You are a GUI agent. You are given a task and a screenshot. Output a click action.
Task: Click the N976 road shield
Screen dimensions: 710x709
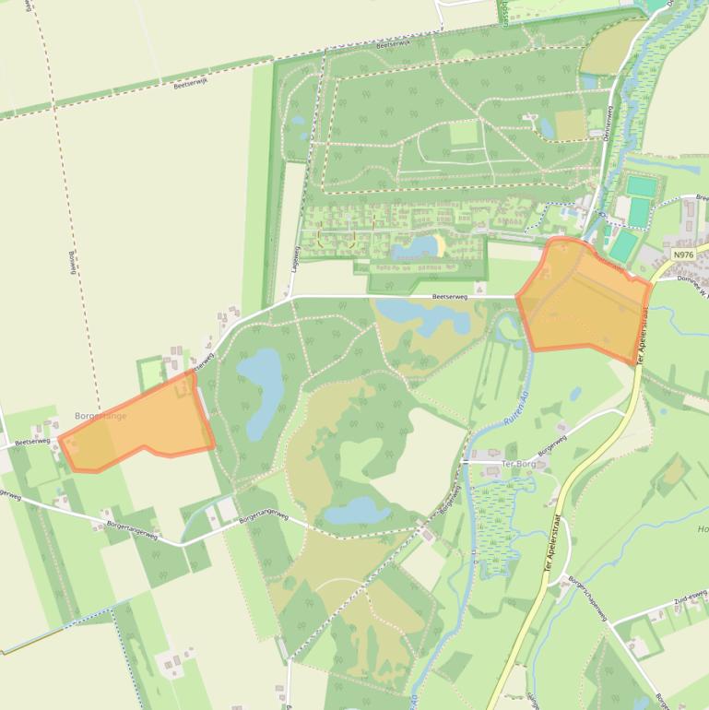point(683,255)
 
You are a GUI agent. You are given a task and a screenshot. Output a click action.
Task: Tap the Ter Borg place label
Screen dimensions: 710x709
point(519,464)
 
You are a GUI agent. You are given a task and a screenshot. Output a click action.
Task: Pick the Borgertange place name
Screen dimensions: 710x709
point(100,417)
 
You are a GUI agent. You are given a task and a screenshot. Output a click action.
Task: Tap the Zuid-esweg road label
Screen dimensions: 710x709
point(690,600)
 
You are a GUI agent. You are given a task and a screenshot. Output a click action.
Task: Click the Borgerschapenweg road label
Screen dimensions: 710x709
point(588,598)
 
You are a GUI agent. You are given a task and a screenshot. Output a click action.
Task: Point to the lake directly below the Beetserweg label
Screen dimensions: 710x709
point(419,315)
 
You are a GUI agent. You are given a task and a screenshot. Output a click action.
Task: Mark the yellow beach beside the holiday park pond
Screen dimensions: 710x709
point(440,244)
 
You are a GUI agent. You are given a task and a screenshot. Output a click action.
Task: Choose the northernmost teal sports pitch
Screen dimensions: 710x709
point(639,186)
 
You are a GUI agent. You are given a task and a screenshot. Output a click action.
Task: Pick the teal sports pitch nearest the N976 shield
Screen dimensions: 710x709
point(624,244)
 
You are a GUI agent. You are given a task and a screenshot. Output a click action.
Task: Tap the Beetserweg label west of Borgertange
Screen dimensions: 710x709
point(32,442)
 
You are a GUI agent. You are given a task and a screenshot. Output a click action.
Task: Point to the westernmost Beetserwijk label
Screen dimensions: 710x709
point(191,83)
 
